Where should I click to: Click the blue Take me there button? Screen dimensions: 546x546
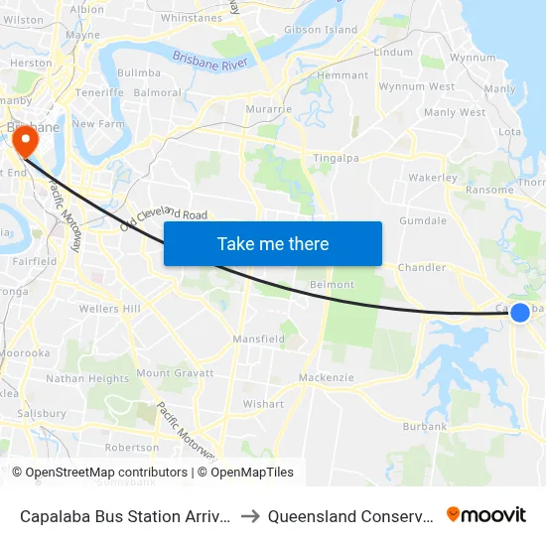273,243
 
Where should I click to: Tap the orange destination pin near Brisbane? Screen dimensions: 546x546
24,142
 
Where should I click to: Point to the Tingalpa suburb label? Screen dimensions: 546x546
335,158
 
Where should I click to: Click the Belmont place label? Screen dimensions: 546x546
332,285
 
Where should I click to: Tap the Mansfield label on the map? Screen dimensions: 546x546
258,340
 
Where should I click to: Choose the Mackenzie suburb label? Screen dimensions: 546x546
327,378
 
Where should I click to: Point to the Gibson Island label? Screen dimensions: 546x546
321,30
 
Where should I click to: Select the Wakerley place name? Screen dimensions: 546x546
432,179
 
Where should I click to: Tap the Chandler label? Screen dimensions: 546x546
421,268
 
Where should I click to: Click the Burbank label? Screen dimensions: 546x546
425,427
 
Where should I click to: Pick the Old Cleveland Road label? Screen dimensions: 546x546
164,219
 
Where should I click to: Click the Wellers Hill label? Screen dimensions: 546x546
109,310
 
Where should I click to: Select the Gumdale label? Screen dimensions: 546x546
423,221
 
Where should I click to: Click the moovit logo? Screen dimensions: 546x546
485,514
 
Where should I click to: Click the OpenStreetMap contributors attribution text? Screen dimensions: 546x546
105,473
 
